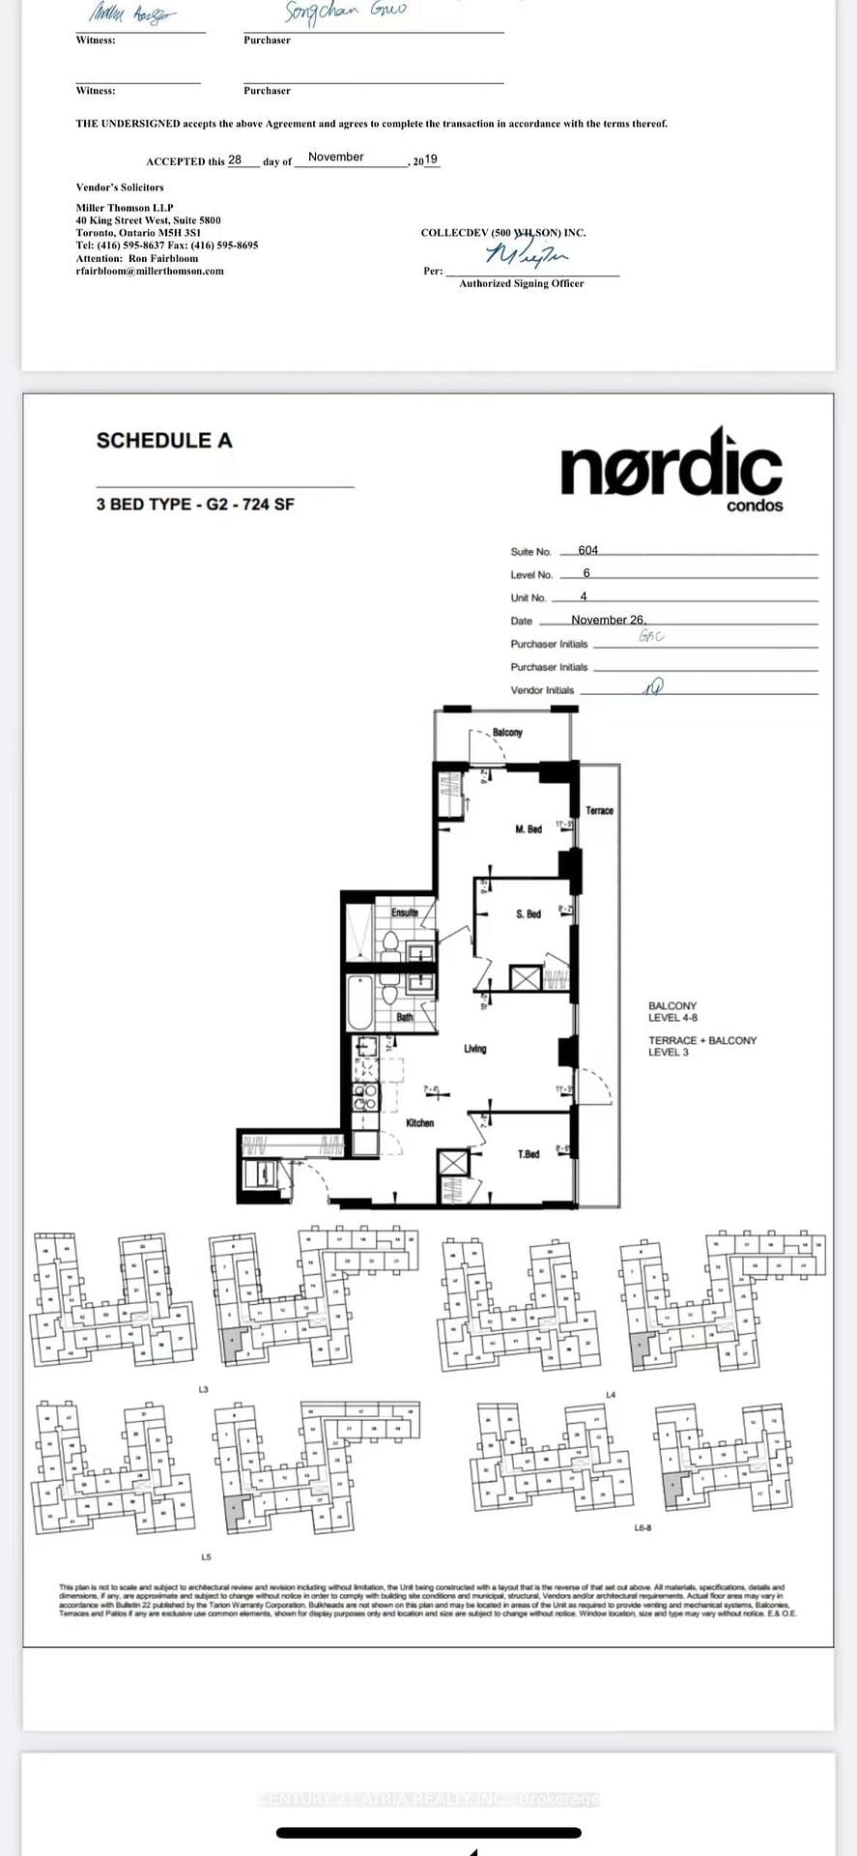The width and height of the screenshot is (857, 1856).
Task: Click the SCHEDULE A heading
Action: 164,441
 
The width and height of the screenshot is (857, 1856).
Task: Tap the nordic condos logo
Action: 671,470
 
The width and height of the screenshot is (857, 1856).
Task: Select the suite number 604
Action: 588,550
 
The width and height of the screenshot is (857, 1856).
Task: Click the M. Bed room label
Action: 528,829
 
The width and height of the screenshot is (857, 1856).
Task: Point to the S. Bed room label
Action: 528,913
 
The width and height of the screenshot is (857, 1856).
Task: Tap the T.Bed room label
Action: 528,1154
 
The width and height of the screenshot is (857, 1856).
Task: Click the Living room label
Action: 474,1049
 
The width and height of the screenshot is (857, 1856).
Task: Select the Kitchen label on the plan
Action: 419,1123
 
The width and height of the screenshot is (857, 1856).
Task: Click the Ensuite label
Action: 405,913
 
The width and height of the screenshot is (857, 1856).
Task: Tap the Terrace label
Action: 599,811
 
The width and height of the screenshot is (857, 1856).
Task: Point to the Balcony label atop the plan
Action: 507,733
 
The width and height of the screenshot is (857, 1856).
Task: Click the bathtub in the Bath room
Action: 359,1002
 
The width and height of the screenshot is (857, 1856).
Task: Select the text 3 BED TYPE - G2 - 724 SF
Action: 195,505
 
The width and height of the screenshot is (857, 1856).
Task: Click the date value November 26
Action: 608,620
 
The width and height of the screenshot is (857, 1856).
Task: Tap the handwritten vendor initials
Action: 654,686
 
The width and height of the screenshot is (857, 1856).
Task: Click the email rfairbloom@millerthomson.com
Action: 150,272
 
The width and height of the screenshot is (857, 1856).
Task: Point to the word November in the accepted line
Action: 336,157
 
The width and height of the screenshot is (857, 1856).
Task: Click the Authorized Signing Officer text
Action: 522,283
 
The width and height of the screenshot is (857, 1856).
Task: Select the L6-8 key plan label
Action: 643,1528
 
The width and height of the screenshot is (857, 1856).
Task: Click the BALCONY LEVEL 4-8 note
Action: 672,1012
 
